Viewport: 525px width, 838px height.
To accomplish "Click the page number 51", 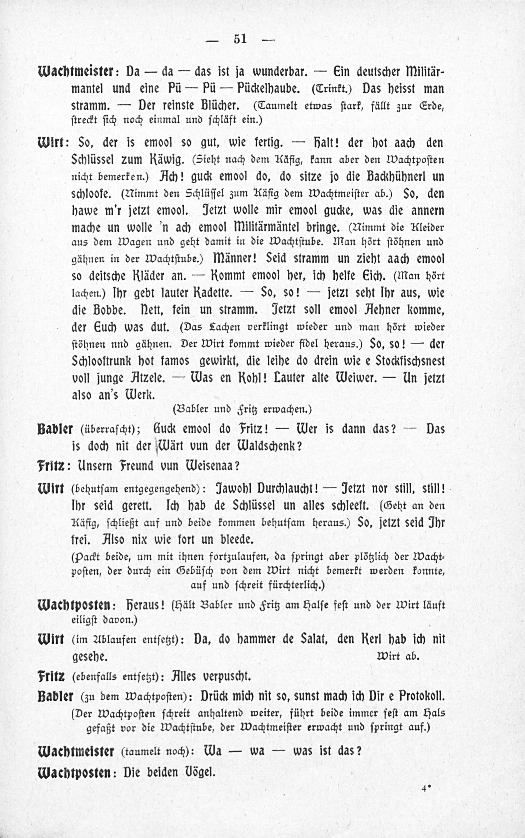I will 240,39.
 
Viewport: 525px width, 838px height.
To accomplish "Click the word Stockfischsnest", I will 410,361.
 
